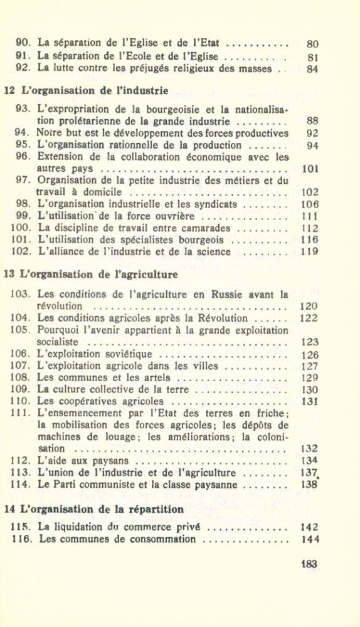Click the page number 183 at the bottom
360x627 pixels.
pos(309,564)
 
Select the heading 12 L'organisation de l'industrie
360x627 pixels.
pos(86,90)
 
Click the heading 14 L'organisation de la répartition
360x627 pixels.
pos(94,508)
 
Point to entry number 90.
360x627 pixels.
pos(24,44)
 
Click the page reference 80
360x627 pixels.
pos(312,45)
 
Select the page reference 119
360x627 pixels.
pos(310,252)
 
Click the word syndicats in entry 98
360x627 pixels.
pos(216,204)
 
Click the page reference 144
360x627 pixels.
pos(309,539)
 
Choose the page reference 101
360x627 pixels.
pos(310,169)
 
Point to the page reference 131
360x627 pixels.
pos(310,402)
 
